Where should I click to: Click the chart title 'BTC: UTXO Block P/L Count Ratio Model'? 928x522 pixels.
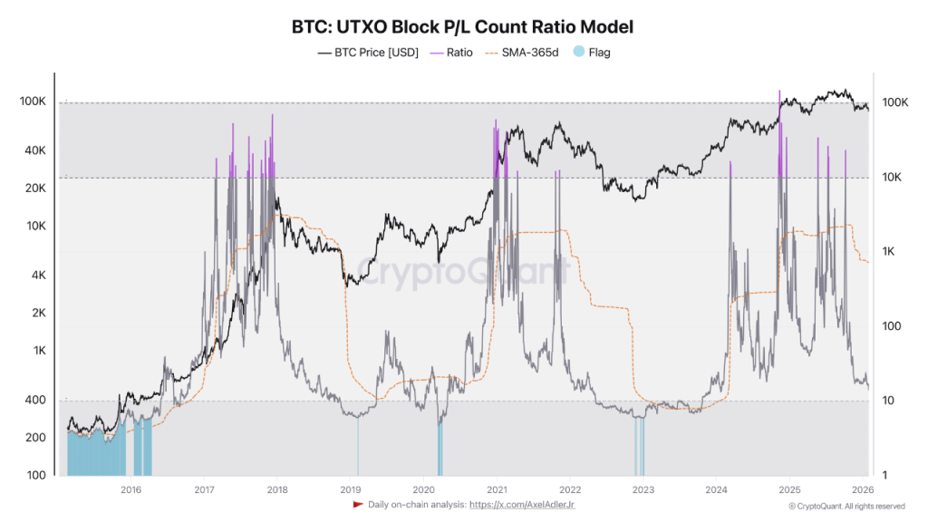click(463, 26)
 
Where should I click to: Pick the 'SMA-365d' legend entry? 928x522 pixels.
click(522, 53)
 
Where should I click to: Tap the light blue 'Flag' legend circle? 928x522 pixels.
click(580, 53)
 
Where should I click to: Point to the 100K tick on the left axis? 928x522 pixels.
click(33, 101)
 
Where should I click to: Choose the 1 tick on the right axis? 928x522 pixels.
click(887, 476)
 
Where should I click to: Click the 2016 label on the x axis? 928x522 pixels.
click(130, 490)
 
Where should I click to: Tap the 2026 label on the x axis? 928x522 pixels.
click(862, 490)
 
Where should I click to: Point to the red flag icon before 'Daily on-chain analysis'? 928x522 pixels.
click(358, 505)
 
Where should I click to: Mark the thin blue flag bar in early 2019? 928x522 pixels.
click(358, 445)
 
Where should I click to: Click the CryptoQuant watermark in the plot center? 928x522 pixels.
click(462, 270)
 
